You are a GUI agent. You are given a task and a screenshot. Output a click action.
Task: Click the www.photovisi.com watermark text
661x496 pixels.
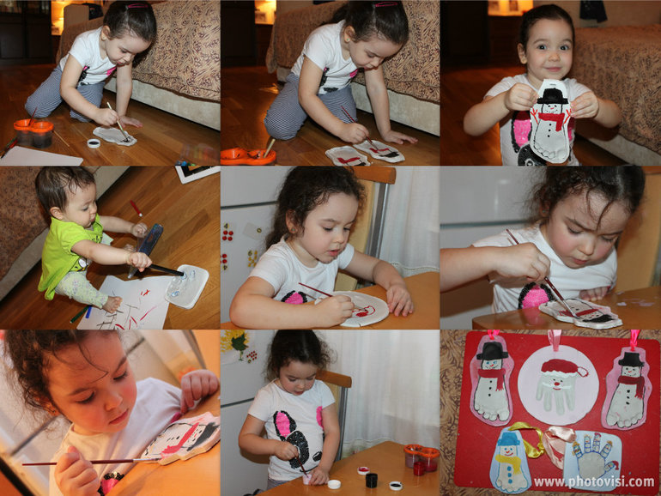pyautogui.click(x=593, y=481)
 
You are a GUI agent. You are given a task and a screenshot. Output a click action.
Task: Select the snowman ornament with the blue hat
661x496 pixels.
pyautogui.click(x=509, y=460)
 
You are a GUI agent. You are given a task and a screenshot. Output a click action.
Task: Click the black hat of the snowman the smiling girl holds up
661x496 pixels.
pyautogui.click(x=552, y=96)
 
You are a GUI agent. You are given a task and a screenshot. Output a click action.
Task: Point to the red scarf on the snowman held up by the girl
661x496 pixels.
pyautogui.click(x=553, y=119)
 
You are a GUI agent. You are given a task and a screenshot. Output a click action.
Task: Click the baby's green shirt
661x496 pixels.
pyautogui.click(x=67, y=254)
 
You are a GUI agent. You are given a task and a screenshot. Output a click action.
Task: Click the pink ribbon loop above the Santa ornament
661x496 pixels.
pyautogui.click(x=555, y=339)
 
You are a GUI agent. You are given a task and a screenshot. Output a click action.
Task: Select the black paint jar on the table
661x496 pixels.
pyautogui.click(x=371, y=480)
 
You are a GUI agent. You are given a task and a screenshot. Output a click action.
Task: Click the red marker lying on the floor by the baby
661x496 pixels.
pyautogui.click(x=136, y=208)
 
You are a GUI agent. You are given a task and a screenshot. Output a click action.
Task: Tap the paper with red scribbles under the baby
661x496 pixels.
pyautogui.click(x=125, y=304)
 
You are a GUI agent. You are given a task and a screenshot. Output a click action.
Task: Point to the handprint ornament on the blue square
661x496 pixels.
pyautogui.click(x=592, y=460)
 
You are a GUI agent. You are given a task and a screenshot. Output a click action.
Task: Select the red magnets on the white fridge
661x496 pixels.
pyautogui.click(x=227, y=233)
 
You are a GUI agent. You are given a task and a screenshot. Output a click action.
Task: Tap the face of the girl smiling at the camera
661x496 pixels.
pyautogui.click(x=548, y=53)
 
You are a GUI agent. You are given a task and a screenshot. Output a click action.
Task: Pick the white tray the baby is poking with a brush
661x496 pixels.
pyautogui.click(x=187, y=286)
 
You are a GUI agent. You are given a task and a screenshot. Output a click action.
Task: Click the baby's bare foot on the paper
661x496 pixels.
pyautogui.click(x=112, y=305)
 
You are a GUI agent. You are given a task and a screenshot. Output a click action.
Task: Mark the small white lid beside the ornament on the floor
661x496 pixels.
pyautogui.click(x=94, y=143)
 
